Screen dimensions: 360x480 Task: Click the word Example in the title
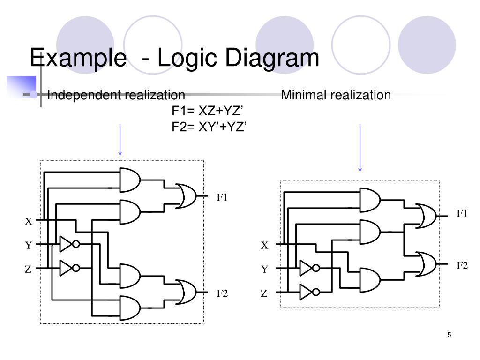pyautogui.click(x=75, y=58)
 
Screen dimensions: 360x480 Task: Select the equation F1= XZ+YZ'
pyautogui.click(x=208, y=111)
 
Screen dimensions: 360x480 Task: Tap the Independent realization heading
pyautogui.click(x=116, y=95)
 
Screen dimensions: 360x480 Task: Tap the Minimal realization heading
pyautogui.click(x=336, y=95)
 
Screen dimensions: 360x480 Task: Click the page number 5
pyautogui.click(x=450, y=335)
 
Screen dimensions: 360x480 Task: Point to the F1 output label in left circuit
pyautogui.click(x=222, y=197)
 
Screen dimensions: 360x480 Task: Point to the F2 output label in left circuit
pyautogui.click(x=222, y=294)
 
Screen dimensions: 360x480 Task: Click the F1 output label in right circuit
pyautogui.click(x=462, y=214)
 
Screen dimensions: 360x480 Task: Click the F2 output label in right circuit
pyautogui.click(x=462, y=265)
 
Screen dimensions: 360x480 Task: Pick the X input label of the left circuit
pyautogui.click(x=29, y=221)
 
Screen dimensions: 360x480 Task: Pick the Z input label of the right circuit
pyautogui.click(x=264, y=294)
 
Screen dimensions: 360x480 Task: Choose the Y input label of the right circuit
pyautogui.click(x=264, y=270)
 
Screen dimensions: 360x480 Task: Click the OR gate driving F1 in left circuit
pyautogui.click(x=187, y=196)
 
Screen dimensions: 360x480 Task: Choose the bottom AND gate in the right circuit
pyautogui.click(x=369, y=279)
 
